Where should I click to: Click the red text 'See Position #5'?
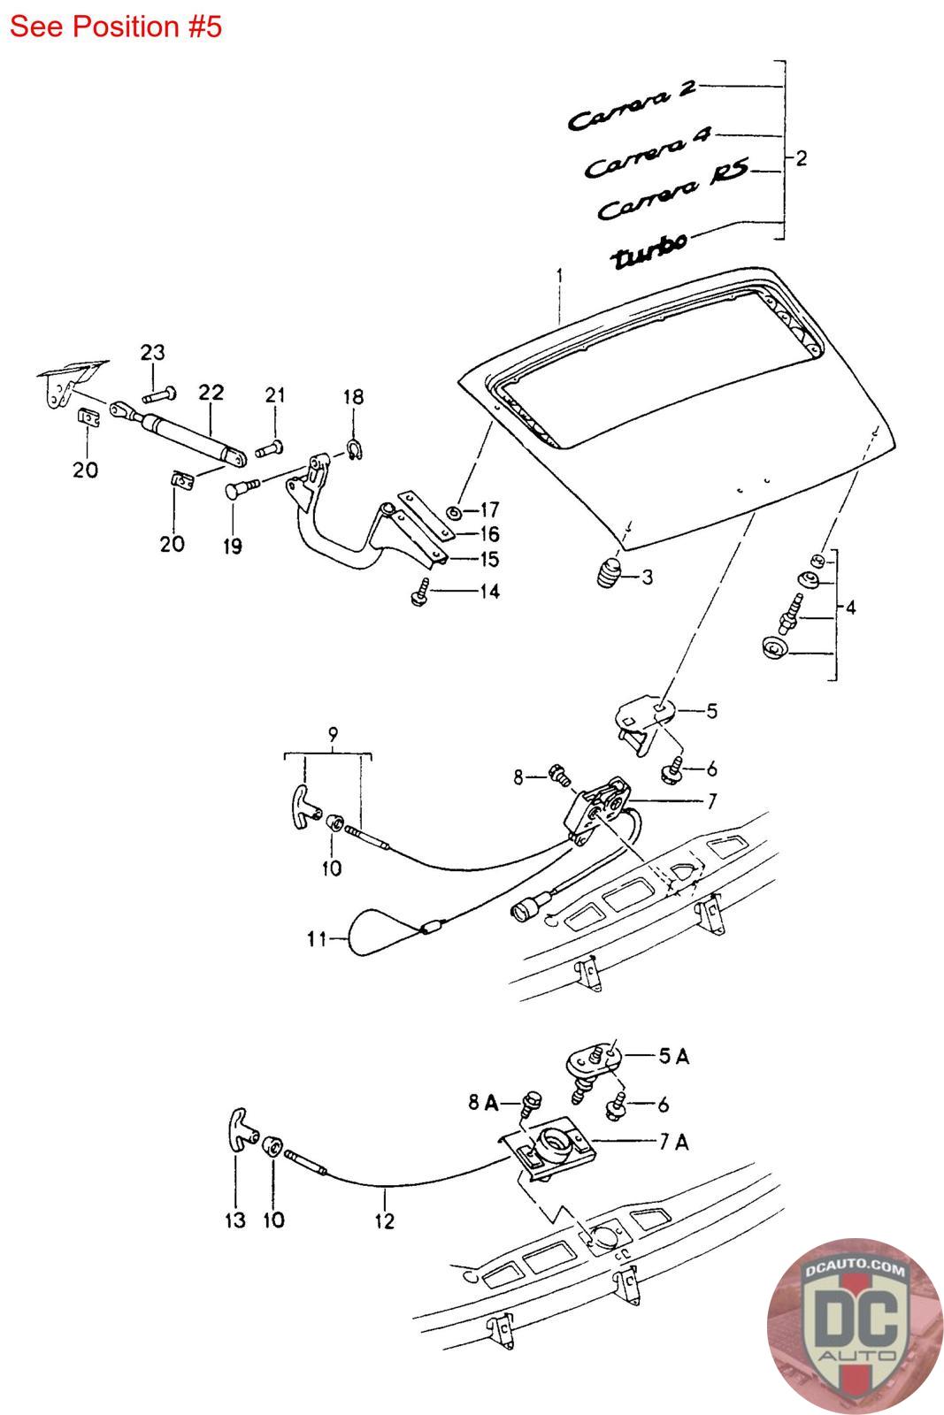115,27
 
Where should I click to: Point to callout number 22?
211,392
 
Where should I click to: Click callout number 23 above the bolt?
153,353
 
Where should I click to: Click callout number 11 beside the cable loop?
316,939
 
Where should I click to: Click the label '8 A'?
483,1103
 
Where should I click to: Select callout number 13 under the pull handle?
234,1220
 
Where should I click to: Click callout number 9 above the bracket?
333,733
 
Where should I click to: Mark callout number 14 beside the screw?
487,591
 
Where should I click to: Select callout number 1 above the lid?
559,278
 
